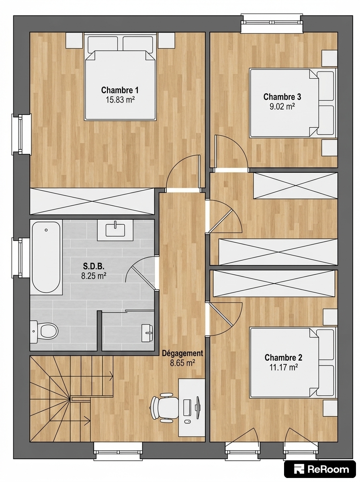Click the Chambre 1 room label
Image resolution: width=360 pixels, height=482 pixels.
click(x=120, y=90)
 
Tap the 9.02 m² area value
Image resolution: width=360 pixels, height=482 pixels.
click(x=282, y=106)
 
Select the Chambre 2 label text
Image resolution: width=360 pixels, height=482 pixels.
click(x=283, y=357)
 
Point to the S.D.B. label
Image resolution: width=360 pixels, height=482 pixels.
click(x=94, y=266)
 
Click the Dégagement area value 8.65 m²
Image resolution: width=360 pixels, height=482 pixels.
click(x=183, y=363)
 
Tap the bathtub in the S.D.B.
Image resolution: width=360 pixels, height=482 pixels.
click(x=46, y=257)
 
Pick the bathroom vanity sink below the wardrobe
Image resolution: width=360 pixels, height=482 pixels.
click(x=115, y=230)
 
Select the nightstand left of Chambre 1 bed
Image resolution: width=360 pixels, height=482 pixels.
click(x=74, y=40)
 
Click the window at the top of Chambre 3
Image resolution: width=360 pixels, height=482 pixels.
click(x=272, y=23)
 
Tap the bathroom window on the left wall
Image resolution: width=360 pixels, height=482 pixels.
click(x=21, y=257)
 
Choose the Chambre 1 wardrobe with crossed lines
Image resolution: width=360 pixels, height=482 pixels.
click(x=92, y=201)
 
